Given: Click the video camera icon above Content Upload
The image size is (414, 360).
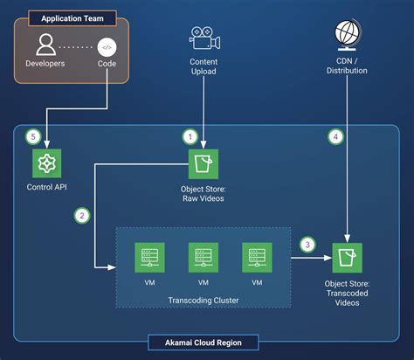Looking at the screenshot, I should (203, 38).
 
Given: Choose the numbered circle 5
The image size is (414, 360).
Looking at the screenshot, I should (33, 137).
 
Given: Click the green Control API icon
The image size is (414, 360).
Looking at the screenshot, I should (46, 164).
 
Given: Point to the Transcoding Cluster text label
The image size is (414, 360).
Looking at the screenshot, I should (203, 301).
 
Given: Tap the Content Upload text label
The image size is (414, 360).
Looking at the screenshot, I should (203, 66).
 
